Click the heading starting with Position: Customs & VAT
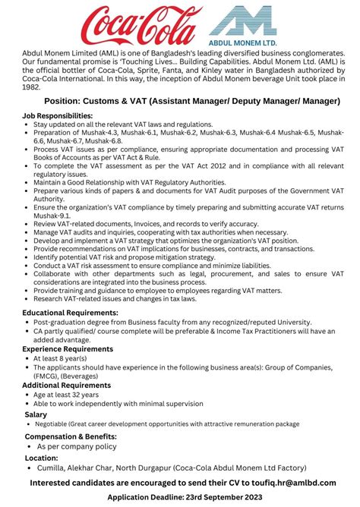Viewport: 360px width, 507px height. click(x=180, y=100)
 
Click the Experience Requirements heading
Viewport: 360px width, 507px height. click(x=68, y=348)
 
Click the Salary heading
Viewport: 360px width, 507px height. click(x=36, y=414)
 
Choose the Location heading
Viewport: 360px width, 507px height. click(x=42, y=458)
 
